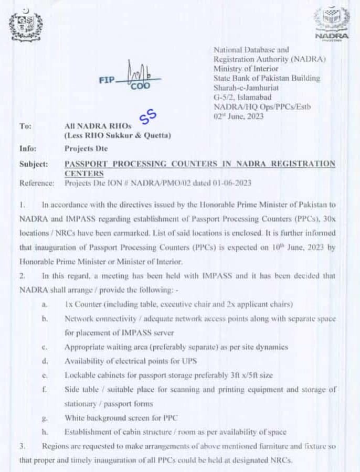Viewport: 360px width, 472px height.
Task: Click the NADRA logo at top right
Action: pos(331,24)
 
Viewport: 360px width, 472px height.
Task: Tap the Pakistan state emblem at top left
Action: pos(26,24)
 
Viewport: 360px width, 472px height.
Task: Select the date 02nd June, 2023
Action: pos(239,116)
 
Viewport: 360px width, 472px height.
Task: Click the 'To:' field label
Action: pos(25,126)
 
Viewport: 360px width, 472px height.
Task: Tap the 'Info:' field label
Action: pos(28,148)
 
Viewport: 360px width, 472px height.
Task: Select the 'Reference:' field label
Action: pos(37,183)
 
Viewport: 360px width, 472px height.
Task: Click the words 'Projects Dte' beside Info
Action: pos(86,148)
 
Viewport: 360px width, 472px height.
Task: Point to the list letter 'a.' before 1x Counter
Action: pos(46,305)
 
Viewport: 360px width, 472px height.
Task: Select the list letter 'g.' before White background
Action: pos(46,418)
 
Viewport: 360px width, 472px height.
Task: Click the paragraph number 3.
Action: pos(22,446)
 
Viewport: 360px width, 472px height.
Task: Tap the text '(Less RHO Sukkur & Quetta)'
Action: pos(118,136)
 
